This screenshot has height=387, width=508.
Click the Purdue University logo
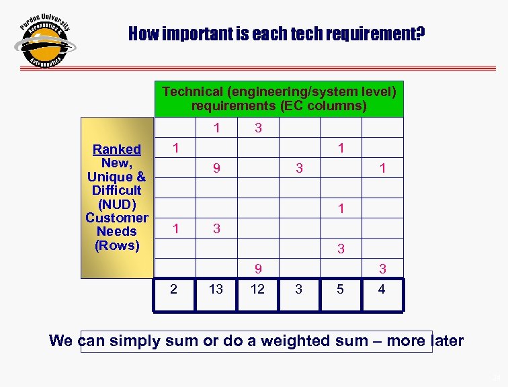coord(44,42)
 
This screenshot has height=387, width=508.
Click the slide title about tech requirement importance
coord(276,33)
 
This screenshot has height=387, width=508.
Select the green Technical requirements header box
coord(279,98)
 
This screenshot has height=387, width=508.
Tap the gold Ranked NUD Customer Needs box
coord(117,197)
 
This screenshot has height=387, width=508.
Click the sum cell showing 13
coord(216,290)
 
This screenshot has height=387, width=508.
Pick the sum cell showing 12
coord(257,290)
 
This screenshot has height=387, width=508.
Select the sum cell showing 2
coord(174,290)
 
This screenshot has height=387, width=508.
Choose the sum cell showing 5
coord(341,290)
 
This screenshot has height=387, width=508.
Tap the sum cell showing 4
coord(382,290)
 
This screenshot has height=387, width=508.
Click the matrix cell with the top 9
coord(216,169)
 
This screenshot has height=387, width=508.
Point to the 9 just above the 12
coord(257,269)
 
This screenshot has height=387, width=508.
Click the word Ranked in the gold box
coord(117,149)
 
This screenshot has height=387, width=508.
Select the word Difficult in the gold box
coord(117,190)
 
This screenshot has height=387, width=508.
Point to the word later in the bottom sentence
coord(446,341)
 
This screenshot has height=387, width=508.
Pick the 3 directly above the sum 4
coord(382,269)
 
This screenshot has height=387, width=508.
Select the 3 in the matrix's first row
coord(257,128)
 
